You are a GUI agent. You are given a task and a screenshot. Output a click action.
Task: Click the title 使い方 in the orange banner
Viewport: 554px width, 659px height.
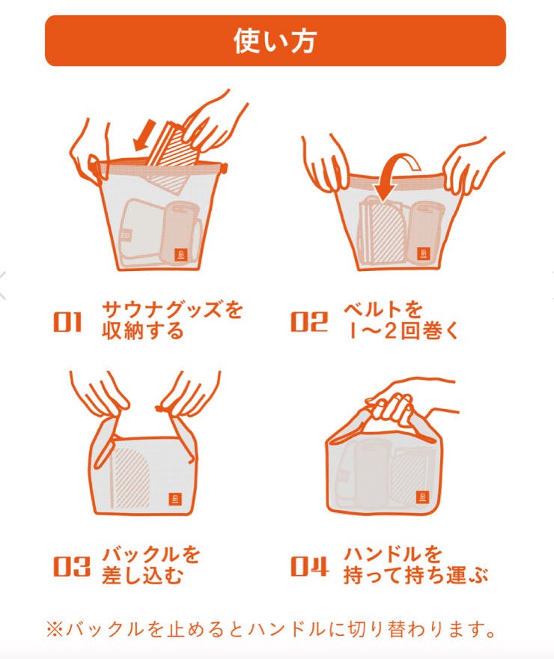tap(275, 41)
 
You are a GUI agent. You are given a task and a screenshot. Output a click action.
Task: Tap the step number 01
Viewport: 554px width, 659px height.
tap(67, 322)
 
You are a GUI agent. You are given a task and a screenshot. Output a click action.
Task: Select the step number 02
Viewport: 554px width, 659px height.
tap(308, 322)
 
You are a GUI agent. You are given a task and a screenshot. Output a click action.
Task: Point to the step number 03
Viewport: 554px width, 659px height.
tap(71, 565)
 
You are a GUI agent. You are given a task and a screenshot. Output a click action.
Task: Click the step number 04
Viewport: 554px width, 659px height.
tap(309, 565)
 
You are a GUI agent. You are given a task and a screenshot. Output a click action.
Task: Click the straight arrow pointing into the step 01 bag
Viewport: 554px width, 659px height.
tap(144, 136)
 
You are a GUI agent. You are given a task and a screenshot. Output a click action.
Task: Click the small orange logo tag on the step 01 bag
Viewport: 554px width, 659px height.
tap(181, 255)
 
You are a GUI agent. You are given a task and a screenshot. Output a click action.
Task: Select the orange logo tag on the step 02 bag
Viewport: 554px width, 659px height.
tap(424, 254)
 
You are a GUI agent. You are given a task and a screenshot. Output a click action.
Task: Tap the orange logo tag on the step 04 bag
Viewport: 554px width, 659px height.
tap(422, 496)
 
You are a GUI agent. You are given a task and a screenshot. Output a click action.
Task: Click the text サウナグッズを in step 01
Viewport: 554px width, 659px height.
tap(172, 310)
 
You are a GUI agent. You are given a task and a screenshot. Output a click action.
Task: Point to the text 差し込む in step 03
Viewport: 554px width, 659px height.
tap(143, 575)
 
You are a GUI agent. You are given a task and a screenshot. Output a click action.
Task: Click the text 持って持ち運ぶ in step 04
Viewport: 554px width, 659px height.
tap(415, 575)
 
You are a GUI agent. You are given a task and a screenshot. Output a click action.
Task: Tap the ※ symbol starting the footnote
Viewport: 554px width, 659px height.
tap(55, 629)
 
